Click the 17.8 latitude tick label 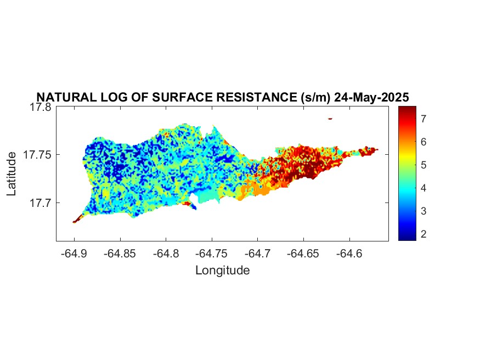(x=41, y=108)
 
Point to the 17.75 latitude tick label (x=37, y=155)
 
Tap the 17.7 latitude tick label (x=41, y=203)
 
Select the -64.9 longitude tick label (x=74, y=254)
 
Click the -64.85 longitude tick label (x=120, y=254)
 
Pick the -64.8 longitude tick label (x=166, y=254)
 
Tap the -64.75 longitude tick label (x=212, y=254)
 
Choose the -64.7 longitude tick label (x=257, y=254)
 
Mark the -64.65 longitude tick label (x=303, y=254)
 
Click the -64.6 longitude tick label (x=349, y=254)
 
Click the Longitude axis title (x=223, y=271)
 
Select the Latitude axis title (x=12, y=173)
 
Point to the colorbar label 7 (x=423, y=119)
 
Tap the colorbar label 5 (x=423, y=165)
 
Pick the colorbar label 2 (x=423, y=234)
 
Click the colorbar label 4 (x=423, y=188)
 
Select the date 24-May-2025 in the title (x=371, y=97)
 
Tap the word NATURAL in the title (x=66, y=97)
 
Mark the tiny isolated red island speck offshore (x=330, y=119)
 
